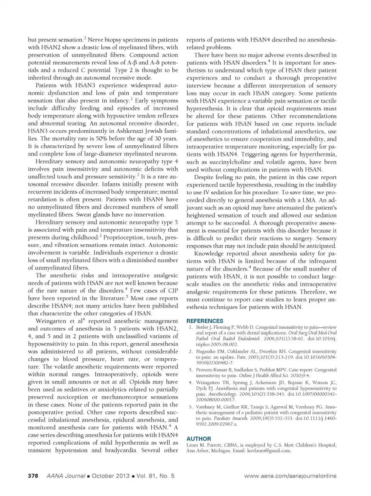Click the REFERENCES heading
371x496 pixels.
click(205, 321)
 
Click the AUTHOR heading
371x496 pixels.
click(199, 439)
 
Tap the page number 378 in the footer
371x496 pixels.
click(33, 476)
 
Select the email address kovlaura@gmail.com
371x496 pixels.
click(269, 451)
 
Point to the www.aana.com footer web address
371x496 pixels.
click(290, 476)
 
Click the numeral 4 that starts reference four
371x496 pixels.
click(191, 383)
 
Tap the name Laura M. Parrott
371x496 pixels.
click(204, 445)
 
